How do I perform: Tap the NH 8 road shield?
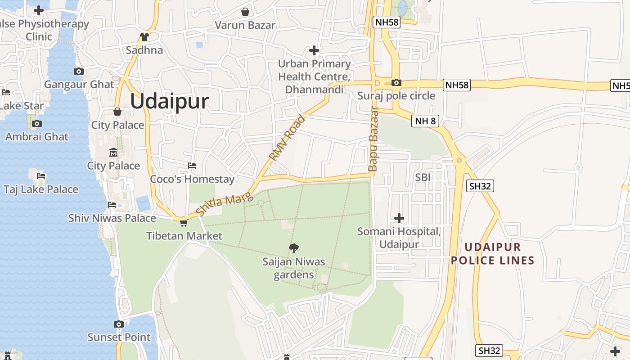(x=425, y=121)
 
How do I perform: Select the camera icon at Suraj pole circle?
(x=396, y=82)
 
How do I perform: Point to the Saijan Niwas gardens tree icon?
(x=294, y=247)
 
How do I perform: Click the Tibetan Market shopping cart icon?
(x=184, y=223)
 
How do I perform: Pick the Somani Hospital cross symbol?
(x=399, y=218)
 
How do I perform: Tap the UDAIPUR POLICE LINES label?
(x=493, y=254)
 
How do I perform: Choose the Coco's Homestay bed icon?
(x=192, y=166)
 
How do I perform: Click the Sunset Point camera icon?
(x=119, y=324)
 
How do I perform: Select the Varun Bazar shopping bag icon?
(x=245, y=12)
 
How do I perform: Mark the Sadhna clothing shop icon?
(x=144, y=37)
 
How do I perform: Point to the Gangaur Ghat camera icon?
(x=79, y=71)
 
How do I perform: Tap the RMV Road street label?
(x=287, y=139)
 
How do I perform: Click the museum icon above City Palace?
(x=113, y=153)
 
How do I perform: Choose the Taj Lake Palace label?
(x=41, y=189)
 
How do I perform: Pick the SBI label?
(x=423, y=177)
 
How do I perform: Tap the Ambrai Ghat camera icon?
(x=37, y=123)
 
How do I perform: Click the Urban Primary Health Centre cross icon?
(x=314, y=50)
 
